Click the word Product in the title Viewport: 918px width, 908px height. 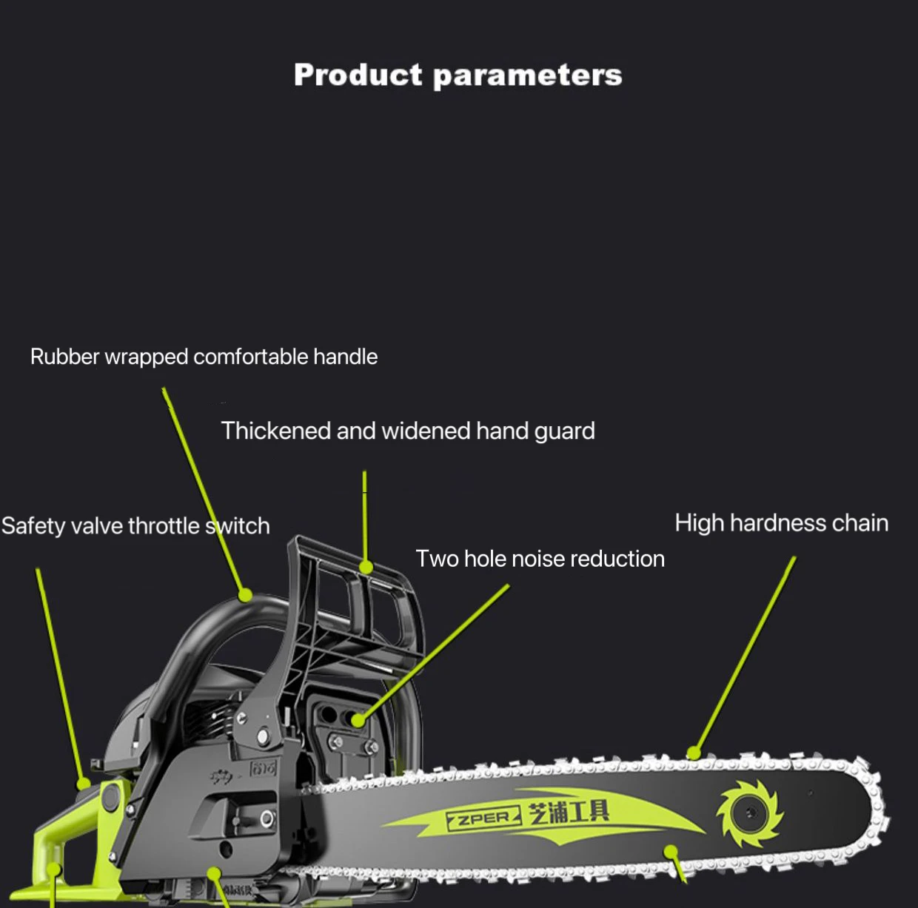click(358, 75)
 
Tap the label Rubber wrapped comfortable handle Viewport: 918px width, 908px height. click(204, 357)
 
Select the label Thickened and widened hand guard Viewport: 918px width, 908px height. click(408, 431)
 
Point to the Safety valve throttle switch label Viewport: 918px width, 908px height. click(135, 525)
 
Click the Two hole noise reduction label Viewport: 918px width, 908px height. click(540, 559)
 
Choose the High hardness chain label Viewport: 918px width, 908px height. click(781, 523)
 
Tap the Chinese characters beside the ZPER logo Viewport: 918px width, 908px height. click(569, 812)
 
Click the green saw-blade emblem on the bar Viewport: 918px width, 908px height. click(748, 813)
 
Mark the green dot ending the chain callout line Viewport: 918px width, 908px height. click(694, 753)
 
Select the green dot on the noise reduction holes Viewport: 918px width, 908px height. click(358, 720)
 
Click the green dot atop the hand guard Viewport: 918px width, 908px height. click(366, 568)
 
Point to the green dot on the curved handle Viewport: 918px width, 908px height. click(245, 593)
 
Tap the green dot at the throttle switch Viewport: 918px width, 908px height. click(84, 783)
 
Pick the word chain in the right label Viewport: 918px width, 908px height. click(860, 523)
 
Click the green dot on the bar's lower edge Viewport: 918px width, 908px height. click(671, 852)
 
